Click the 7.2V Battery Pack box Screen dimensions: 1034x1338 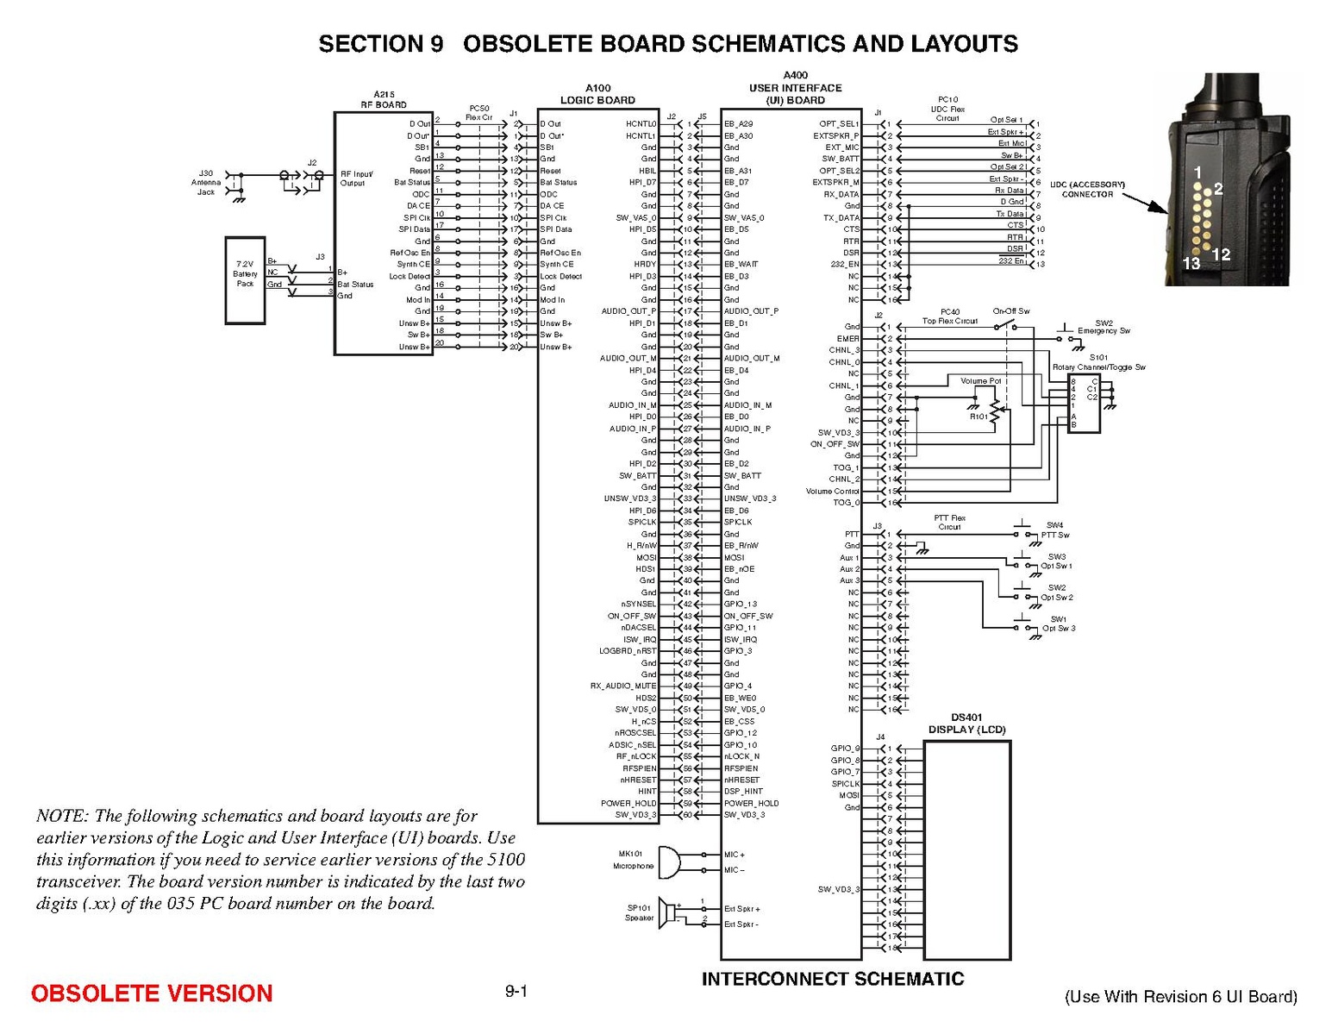click(245, 279)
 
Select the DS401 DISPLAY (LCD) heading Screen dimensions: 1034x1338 click(966, 724)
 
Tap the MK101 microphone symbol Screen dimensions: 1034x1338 click(668, 862)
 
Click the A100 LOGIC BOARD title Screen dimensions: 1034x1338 click(597, 94)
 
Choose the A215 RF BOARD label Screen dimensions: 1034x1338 click(384, 99)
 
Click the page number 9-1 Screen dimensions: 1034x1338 click(516, 992)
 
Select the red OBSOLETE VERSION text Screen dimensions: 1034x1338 click(152, 993)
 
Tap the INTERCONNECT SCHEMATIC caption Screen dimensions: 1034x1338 click(832, 979)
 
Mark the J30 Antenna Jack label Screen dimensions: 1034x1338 click(205, 182)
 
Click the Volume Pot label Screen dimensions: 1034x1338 click(981, 380)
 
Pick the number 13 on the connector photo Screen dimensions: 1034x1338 click(1191, 264)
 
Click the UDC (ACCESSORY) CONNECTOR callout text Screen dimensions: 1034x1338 click(1087, 189)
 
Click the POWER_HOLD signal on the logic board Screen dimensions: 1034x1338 click(628, 803)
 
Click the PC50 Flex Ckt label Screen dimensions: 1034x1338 click(478, 112)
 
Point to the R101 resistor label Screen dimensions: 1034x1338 click(978, 417)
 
